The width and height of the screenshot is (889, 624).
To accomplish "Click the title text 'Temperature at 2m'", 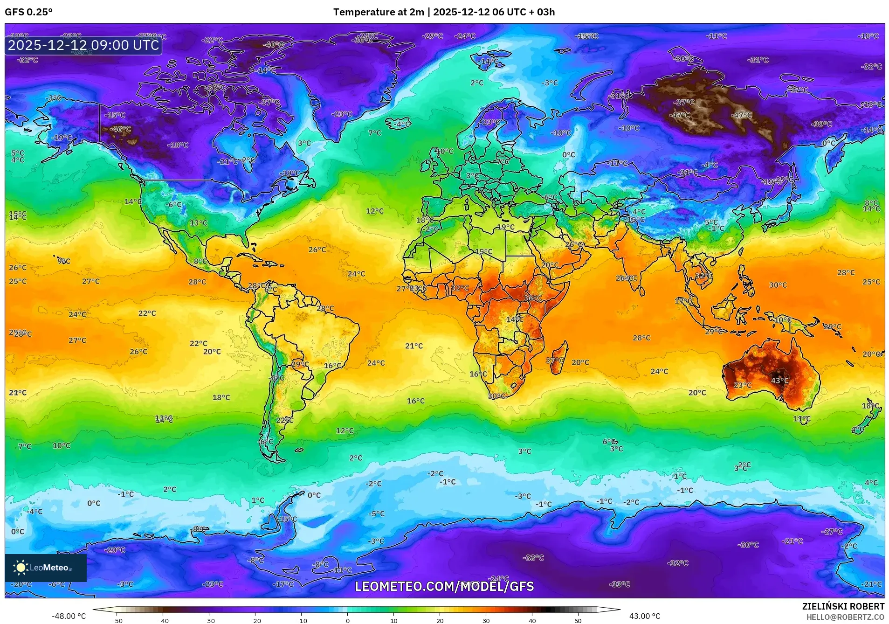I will pos(379,12).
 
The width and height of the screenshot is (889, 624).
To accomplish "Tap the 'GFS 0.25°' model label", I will pos(29,12).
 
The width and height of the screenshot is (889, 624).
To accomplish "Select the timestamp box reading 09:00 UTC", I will pos(83,45).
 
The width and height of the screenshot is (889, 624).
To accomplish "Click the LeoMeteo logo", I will pos(45,568).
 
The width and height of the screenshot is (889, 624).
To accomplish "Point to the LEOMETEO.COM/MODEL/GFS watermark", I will pos(444,586).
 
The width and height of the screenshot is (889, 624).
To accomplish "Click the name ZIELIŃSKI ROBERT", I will pos(843,606).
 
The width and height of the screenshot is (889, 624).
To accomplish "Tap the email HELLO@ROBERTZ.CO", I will pos(845,617).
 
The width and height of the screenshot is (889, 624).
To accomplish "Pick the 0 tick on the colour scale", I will pos(348,620).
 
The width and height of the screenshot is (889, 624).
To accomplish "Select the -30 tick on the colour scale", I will pos(209,620).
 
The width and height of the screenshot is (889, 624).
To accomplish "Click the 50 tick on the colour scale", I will pos(578,620).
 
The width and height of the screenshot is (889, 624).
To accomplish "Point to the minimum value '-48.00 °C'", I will pos(69,616).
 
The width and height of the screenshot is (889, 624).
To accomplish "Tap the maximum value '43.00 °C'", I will pos(645,616).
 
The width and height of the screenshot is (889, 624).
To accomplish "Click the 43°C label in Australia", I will pos(779,381).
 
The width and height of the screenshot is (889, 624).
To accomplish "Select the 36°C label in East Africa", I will pos(532,298).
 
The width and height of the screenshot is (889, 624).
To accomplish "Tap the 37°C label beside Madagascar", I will pos(554,361).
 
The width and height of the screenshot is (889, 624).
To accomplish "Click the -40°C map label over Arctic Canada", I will pos(273,45).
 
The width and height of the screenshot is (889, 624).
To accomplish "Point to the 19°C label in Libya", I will pos(506,227).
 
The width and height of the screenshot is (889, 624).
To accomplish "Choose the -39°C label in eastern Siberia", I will pos(821,124).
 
